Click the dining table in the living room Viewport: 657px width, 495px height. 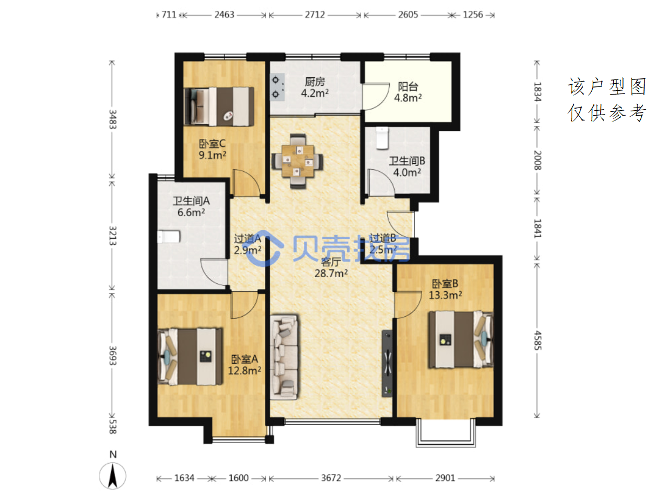point(297,161)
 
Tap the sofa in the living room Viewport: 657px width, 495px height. point(284,357)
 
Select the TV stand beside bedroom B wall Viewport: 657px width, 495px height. point(387,364)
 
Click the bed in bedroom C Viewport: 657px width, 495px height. point(219,106)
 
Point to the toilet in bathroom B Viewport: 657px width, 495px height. point(382,138)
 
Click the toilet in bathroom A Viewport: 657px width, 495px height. point(169,237)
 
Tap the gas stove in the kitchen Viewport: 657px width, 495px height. point(277,87)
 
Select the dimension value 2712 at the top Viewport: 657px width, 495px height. point(315,15)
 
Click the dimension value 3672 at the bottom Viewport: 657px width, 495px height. point(331,478)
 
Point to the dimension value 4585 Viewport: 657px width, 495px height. point(538,340)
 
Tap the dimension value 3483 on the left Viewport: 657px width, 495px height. point(112,119)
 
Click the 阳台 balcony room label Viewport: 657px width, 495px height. point(408,86)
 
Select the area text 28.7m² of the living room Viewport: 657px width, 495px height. point(331,273)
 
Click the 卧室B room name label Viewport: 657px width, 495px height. point(445,284)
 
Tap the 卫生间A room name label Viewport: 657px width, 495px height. point(191,201)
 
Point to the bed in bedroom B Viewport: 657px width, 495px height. point(461,339)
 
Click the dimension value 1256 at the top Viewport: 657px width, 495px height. point(473,15)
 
